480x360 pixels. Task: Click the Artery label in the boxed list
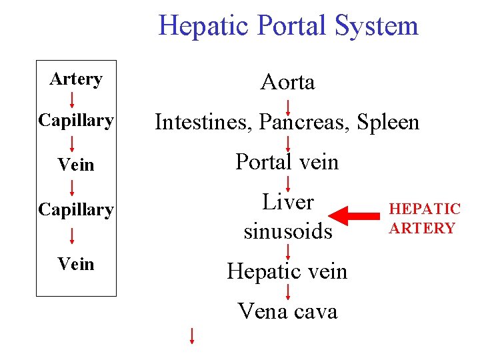[76, 79]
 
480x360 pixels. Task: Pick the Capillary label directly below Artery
[76, 121]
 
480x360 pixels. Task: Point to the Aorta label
[288, 82]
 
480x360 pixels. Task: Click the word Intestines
[203, 122]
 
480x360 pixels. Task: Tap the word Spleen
[389, 123]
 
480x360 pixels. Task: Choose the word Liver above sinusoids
[288, 202]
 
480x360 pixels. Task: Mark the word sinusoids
[288, 231]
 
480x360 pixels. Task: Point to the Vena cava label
[288, 311]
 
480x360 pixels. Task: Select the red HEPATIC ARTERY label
[425, 219]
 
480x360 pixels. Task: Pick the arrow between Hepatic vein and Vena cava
[288, 291]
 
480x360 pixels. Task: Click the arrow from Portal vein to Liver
[288, 183]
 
